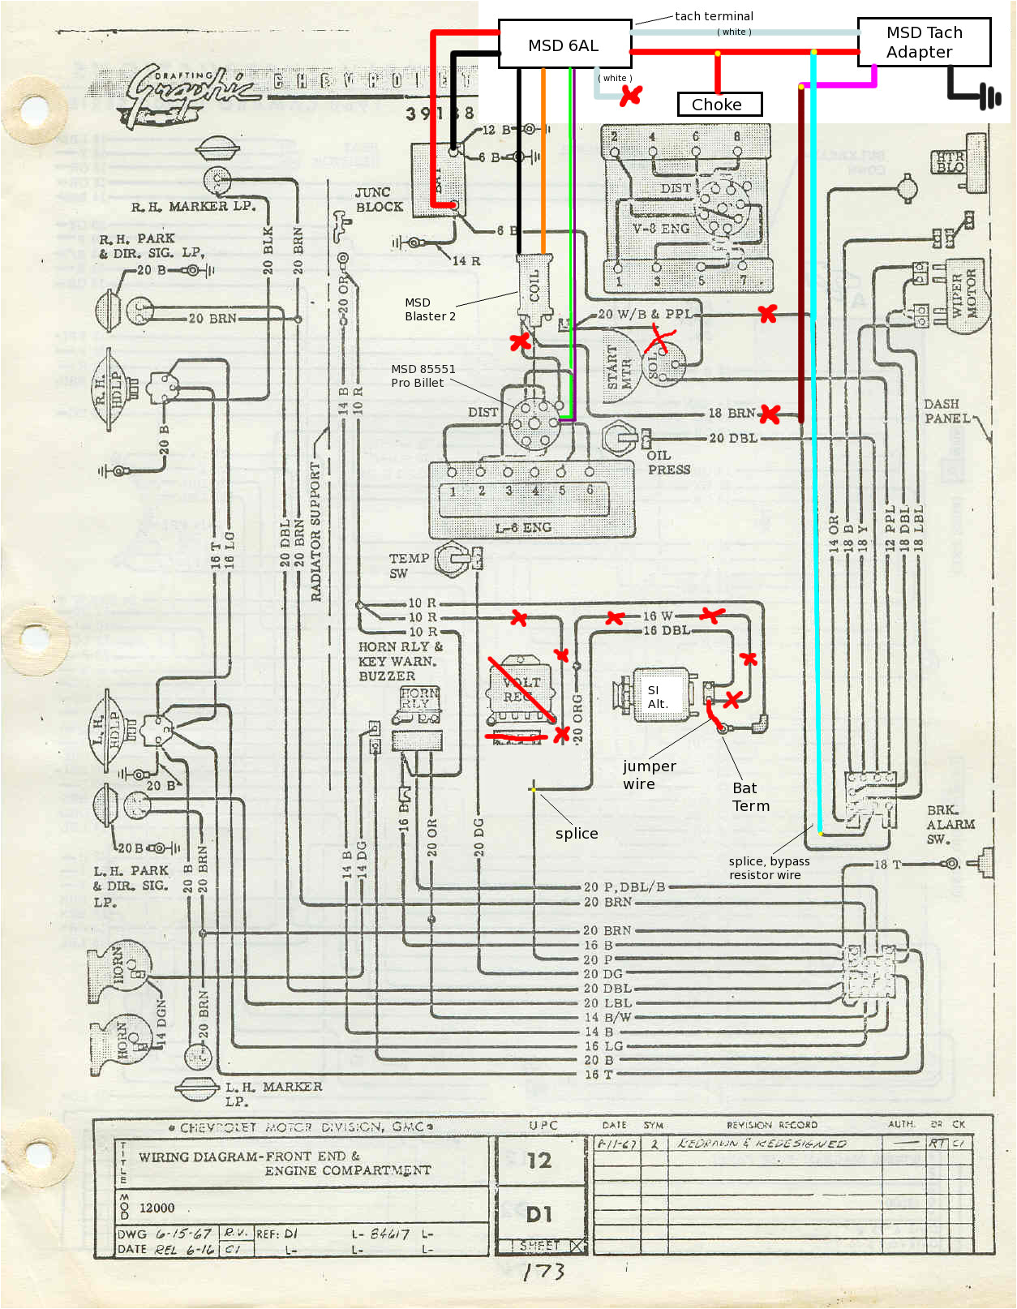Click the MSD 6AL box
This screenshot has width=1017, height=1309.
tap(564, 45)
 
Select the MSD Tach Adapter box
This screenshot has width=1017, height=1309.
tap(924, 42)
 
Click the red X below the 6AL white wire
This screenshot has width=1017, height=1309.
tap(630, 96)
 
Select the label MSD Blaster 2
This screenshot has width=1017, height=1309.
tap(430, 309)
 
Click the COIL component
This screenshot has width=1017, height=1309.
tap(535, 288)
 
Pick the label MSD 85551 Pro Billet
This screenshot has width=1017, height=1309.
tap(423, 376)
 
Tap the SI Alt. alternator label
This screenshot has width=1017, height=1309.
tap(658, 697)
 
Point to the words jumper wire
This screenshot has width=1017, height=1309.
tap(649, 775)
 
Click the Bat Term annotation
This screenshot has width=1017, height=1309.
tap(751, 796)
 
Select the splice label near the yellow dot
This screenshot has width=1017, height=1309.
tap(577, 834)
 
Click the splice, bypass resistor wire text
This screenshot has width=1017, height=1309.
tap(769, 868)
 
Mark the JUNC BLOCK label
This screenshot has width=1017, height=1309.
tap(378, 200)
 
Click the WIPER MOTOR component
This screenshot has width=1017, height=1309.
tap(964, 291)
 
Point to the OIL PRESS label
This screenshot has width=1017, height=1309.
tap(668, 462)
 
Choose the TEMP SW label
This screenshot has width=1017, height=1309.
tap(408, 565)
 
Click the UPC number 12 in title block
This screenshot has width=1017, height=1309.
tap(539, 1161)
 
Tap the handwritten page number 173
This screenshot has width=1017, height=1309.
tap(543, 1272)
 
